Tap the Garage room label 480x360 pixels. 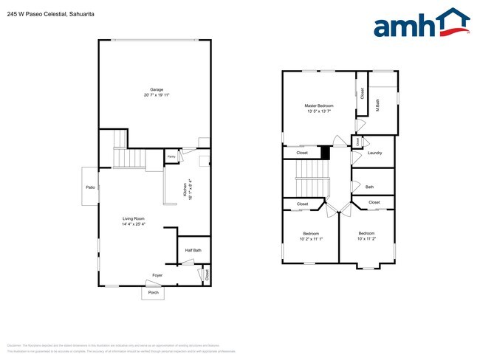pos(157,89)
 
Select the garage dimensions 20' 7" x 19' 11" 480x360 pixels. pos(157,95)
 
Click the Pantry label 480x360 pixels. pos(171,157)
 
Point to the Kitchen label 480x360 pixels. pos(185,195)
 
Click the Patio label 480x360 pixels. pos(90,187)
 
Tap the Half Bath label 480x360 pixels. pos(193,250)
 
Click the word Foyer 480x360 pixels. pos(157,275)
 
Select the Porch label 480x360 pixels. pos(154,292)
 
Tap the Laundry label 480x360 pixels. pos(374,153)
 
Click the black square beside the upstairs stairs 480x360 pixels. pos(325,153)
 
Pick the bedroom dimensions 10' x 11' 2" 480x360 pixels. pos(367,239)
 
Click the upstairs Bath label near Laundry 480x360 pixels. pos(369,187)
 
